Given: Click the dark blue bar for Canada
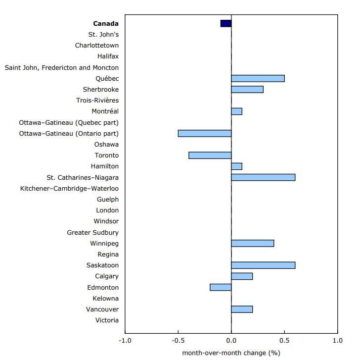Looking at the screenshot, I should [x=226, y=23].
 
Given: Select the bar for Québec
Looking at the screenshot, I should [x=258, y=78].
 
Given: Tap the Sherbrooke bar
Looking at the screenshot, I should [x=247, y=89].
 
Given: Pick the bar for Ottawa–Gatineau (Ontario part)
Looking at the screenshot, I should [x=205, y=133].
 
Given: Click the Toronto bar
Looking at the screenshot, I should [x=210, y=155].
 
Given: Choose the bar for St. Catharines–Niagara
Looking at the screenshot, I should [x=263, y=177].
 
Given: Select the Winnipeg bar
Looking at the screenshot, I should [x=253, y=243].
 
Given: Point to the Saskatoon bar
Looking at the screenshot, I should [x=263, y=265].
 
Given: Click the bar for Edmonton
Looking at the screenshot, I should [x=221, y=287].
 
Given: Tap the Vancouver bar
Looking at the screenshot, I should [x=242, y=309].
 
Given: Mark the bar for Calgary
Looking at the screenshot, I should [x=242, y=276].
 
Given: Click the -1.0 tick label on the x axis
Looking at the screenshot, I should [x=125, y=341].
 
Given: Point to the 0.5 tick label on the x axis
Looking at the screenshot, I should [x=284, y=341].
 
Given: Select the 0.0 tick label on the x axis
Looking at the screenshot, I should [x=231, y=341].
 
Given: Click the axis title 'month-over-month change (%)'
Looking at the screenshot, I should [x=231, y=353].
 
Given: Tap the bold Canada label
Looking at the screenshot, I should [x=106, y=23].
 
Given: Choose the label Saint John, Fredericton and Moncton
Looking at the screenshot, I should [x=62, y=67].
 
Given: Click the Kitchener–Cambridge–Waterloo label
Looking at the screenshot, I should [x=69, y=189].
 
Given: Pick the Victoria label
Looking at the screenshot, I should [x=107, y=320].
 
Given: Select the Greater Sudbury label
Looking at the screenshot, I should [x=93, y=232].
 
